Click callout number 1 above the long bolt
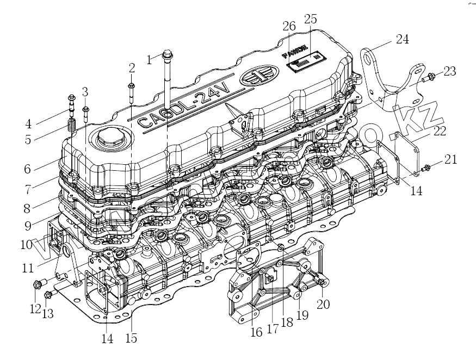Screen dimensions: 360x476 tap(150, 59)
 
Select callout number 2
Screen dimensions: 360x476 tap(132, 68)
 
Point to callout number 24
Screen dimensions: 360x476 tap(402, 39)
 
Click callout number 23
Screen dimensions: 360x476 tap(449, 71)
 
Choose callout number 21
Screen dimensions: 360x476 tap(451, 159)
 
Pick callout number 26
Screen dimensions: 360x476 tap(289, 26)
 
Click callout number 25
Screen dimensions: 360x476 tap(311, 19)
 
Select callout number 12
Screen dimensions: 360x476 tap(36, 309)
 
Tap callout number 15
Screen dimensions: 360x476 tap(131, 338)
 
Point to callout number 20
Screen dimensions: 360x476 tap(323, 305)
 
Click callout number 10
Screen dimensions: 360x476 tap(27, 245)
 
